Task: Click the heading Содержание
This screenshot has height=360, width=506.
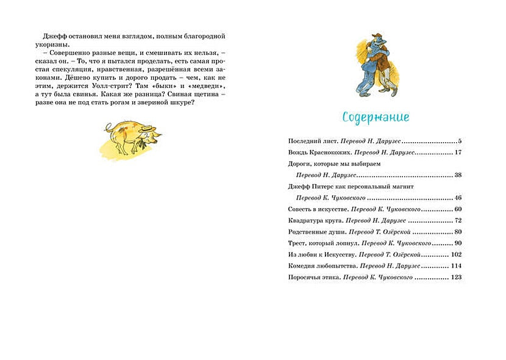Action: pos(376,117)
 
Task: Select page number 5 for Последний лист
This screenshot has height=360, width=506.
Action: pos(460,140)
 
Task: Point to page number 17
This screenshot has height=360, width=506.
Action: pos(458,152)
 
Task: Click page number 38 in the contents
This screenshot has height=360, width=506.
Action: pos(458,175)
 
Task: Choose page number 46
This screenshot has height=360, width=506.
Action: pos(458,198)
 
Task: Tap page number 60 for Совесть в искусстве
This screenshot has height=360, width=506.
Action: pos(458,209)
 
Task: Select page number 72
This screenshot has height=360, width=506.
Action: pos(458,220)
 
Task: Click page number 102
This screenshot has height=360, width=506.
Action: pos(456,254)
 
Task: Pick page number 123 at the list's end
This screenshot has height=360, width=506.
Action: pos(456,278)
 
